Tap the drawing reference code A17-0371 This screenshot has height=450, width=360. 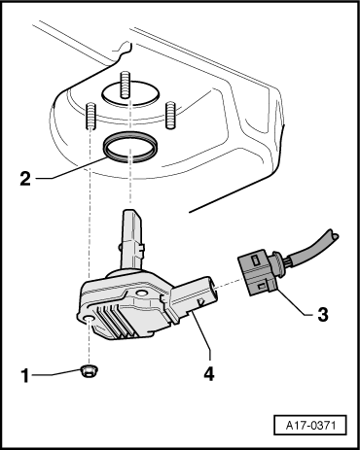click(309, 426)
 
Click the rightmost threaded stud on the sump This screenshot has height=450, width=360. click(170, 113)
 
